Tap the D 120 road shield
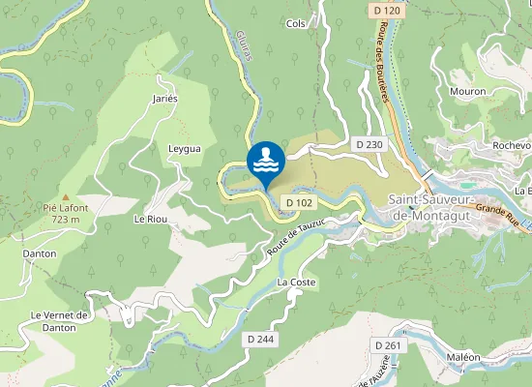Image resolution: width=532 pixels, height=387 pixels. click(385, 11)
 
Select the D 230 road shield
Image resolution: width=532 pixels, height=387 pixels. click(369, 144)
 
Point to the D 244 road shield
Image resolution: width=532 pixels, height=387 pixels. click(259, 340)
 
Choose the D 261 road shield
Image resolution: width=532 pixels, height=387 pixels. click(387, 345)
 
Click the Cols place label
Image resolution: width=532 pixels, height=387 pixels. click(296, 23)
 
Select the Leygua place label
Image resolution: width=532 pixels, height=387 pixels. click(184, 149)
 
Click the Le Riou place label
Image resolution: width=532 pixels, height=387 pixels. click(151, 219)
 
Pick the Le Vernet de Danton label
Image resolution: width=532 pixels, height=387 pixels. click(60, 320)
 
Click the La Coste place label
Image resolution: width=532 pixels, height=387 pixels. click(296, 282)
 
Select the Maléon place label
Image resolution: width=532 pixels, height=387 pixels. click(463, 357)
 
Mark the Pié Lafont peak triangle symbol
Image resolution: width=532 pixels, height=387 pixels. click(65, 195)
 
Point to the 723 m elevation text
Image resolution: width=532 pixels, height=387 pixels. click(65, 220)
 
